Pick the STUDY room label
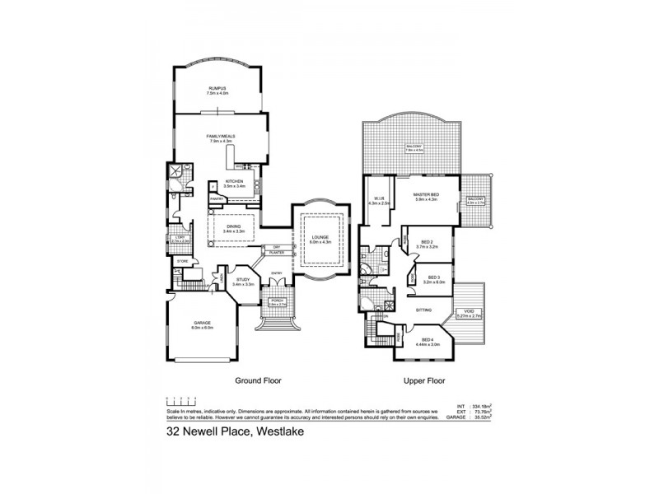[x=243, y=281]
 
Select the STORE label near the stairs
[x=182, y=261]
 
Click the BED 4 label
[x=427, y=339]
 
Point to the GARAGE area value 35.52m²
[x=480, y=417]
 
